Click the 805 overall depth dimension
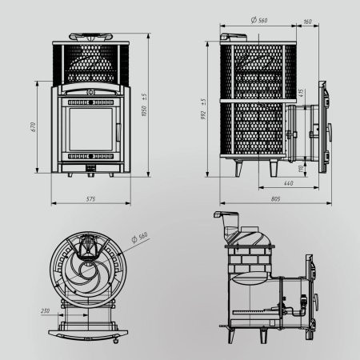(x=274, y=198)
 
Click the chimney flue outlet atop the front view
(x=90, y=37)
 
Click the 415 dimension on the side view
(x=300, y=93)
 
